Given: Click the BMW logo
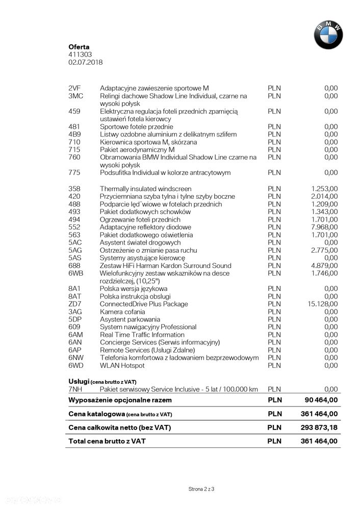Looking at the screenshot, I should tap(328, 35).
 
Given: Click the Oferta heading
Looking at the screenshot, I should tap(79, 47).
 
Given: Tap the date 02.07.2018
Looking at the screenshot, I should tap(86, 62).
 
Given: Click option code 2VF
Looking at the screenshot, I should tap(74, 88).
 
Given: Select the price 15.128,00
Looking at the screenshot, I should tap(322, 304).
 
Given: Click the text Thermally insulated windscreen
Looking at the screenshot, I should tap(145, 189).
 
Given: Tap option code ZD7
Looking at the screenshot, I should tap(74, 304).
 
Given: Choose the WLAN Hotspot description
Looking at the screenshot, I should tap(122, 365).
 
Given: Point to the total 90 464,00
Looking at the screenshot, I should tap(319, 400).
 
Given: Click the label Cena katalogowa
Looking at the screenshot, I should tap(97, 414).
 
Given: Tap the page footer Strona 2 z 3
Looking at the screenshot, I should tap(201, 489).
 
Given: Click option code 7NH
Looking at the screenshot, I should tap(75, 389).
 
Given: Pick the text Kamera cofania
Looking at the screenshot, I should tap(122, 312).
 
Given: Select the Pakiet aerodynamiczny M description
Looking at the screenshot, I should tap(137, 150).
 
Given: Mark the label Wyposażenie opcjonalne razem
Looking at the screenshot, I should tap(120, 400).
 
